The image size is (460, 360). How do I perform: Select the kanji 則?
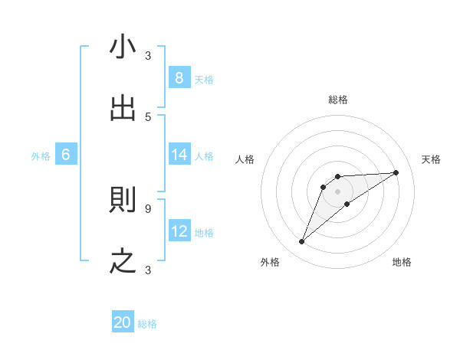coord(123,200)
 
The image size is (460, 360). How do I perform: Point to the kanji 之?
coord(123,261)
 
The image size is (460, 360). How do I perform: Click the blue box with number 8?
coord(179,77)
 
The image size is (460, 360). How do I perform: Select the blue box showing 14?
coord(179,155)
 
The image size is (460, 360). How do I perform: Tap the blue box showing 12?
coord(179,231)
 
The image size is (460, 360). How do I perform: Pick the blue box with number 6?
coord(66,155)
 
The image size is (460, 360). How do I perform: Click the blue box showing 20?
coord(123,322)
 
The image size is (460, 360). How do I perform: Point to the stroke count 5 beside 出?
coord(148,116)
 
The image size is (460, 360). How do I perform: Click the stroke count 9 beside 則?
coord(148,208)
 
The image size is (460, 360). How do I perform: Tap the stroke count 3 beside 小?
coord(148,55)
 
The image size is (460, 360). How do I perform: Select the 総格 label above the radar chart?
coord(338,100)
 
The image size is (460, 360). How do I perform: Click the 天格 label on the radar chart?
coord(431,159)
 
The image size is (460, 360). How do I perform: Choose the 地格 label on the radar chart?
coord(402,262)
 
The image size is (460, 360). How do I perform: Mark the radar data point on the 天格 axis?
coord(396,172)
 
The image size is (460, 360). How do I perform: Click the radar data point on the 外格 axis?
coord(302,242)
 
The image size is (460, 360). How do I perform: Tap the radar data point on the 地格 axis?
coord(347,204)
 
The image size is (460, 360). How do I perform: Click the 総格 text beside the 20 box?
coord(147,324)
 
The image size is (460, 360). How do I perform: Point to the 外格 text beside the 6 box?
coord(41,155)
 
